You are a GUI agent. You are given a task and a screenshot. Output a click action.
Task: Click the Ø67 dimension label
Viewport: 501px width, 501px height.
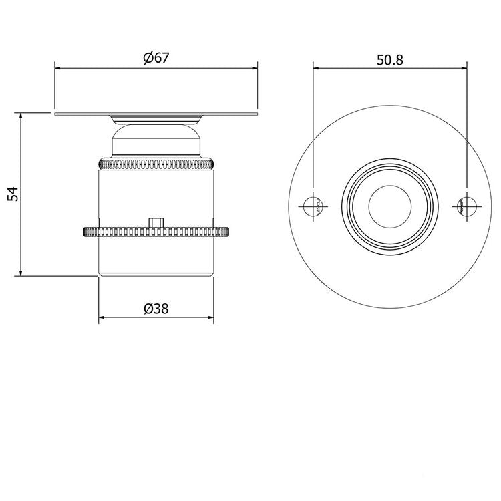[155, 58]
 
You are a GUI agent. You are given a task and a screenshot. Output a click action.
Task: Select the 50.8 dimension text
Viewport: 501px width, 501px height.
[390, 59]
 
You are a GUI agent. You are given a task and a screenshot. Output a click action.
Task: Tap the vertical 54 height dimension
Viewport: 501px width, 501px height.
[11, 194]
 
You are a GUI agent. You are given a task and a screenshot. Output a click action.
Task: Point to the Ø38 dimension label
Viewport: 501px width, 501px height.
[156, 308]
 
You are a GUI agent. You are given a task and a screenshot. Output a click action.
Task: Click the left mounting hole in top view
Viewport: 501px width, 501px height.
[313, 206]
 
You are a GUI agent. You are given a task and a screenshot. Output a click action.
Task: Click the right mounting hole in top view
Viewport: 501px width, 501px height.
[466, 206]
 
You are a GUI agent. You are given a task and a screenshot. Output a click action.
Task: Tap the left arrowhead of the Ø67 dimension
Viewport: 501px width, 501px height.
[57, 67]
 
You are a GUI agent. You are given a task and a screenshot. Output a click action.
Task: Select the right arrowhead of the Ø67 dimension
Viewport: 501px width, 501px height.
[255, 67]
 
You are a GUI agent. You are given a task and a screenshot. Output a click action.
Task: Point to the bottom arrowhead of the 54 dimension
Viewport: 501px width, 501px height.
[21, 272]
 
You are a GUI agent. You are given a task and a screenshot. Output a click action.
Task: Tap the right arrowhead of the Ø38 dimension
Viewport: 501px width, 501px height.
[210, 317]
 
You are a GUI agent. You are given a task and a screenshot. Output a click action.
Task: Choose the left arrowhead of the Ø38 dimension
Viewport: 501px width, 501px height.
[102, 317]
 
